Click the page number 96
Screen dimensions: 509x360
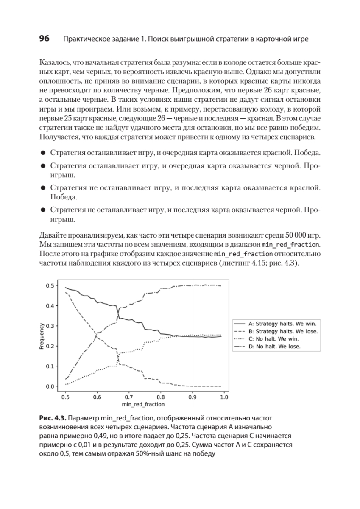[45, 39]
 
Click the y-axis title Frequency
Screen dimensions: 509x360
[42, 336]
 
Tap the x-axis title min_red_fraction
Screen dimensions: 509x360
[144, 405]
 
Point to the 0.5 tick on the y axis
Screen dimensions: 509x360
[50, 285]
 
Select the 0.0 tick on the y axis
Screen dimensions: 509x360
[50, 386]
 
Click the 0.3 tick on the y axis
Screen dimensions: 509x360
[50, 326]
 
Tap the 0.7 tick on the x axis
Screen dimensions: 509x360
[129, 397]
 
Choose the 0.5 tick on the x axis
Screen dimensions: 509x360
[65, 397]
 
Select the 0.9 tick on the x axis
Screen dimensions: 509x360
[193, 397]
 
